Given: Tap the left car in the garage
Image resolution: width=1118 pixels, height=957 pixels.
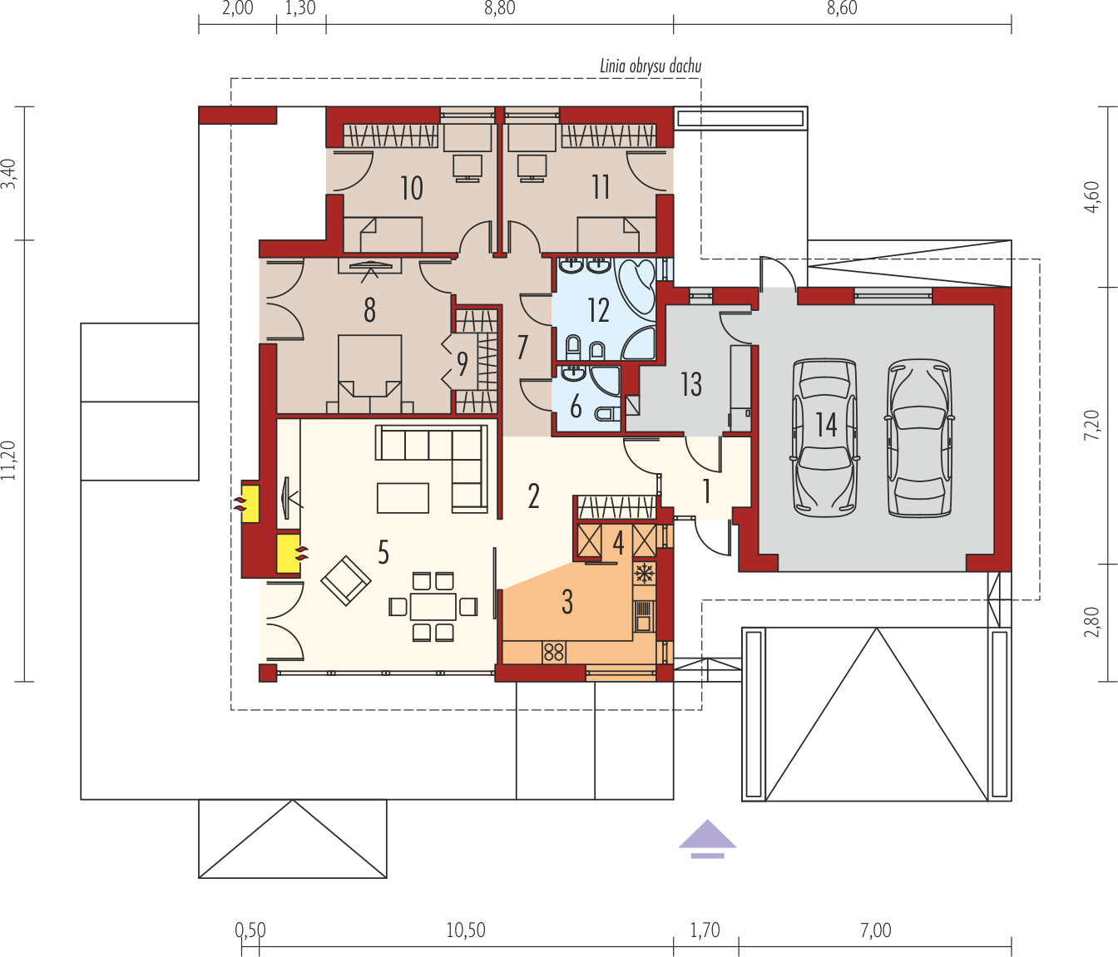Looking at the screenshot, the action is tap(825, 438).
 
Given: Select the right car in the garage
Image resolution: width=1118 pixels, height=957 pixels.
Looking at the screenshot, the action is tap(919, 438).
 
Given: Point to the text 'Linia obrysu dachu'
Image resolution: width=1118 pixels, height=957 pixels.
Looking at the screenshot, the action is tap(651, 67).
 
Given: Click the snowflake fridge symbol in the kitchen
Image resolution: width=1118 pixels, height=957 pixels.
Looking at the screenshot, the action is tap(644, 573).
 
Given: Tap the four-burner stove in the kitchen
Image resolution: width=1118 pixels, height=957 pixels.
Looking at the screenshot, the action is tap(554, 652).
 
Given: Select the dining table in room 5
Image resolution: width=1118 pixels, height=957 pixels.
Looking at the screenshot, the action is tap(433, 607).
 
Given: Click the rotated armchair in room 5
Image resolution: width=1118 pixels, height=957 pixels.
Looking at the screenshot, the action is tap(346, 580).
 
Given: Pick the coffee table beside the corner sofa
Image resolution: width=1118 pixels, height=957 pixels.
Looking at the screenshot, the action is tap(403, 498).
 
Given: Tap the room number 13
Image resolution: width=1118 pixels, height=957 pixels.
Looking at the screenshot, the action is tap(691, 384).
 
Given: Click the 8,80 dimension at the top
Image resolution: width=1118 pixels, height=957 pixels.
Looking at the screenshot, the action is tap(500, 8).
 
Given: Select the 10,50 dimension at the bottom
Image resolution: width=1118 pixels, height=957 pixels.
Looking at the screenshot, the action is tap(466, 930).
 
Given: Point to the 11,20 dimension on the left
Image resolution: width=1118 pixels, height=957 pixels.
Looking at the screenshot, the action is tap(8, 460).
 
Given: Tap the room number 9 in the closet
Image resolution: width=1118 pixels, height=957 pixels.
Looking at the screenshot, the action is tap(463, 364).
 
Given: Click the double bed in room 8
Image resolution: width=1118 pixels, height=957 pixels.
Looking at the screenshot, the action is tap(370, 373).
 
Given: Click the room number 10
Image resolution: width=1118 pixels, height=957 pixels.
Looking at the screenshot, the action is tap(412, 188).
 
